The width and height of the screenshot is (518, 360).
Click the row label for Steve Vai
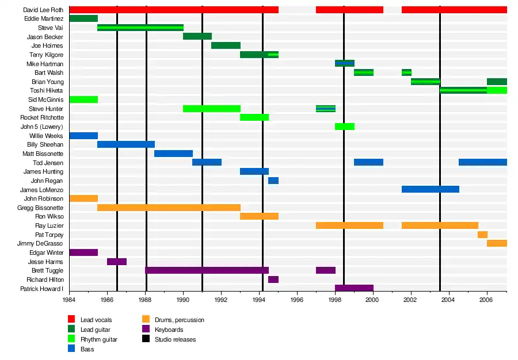[x=51, y=28]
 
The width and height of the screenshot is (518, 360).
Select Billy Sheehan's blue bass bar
[x=125, y=144]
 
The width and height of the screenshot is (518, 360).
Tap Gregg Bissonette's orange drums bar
[x=169, y=207]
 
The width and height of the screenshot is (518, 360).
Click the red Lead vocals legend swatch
[x=71, y=319]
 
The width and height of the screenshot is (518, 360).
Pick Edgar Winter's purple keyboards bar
[x=83, y=252]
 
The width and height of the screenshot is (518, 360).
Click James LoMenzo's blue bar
[x=430, y=189]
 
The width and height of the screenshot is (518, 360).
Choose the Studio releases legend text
[x=175, y=339]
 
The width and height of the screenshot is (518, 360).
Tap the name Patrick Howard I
[x=41, y=289]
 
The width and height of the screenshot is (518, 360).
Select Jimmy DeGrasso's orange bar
[x=497, y=243]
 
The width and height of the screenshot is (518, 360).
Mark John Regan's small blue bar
[x=273, y=181]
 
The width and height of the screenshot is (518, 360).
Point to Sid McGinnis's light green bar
[x=83, y=99]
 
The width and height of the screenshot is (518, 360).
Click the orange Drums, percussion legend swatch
[x=146, y=319]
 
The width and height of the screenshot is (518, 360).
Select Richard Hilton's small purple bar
[x=273, y=279]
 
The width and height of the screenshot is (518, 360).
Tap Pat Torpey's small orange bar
[x=482, y=235]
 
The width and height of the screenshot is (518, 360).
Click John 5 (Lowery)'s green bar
[x=344, y=127]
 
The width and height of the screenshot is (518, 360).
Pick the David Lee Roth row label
[x=43, y=10]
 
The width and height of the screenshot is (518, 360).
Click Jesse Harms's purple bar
[x=117, y=262]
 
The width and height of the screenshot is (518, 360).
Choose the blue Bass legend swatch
[x=71, y=349]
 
